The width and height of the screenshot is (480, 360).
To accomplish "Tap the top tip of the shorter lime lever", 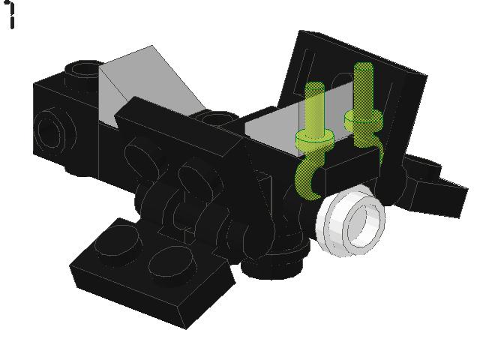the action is pyautogui.click(x=315, y=85).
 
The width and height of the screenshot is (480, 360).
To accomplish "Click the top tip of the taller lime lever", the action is pyautogui.click(x=363, y=65).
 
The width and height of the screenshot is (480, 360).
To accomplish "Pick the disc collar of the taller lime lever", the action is pyautogui.click(x=364, y=118).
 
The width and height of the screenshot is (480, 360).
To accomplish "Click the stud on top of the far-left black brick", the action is pyautogui.click(x=83, y=70).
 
